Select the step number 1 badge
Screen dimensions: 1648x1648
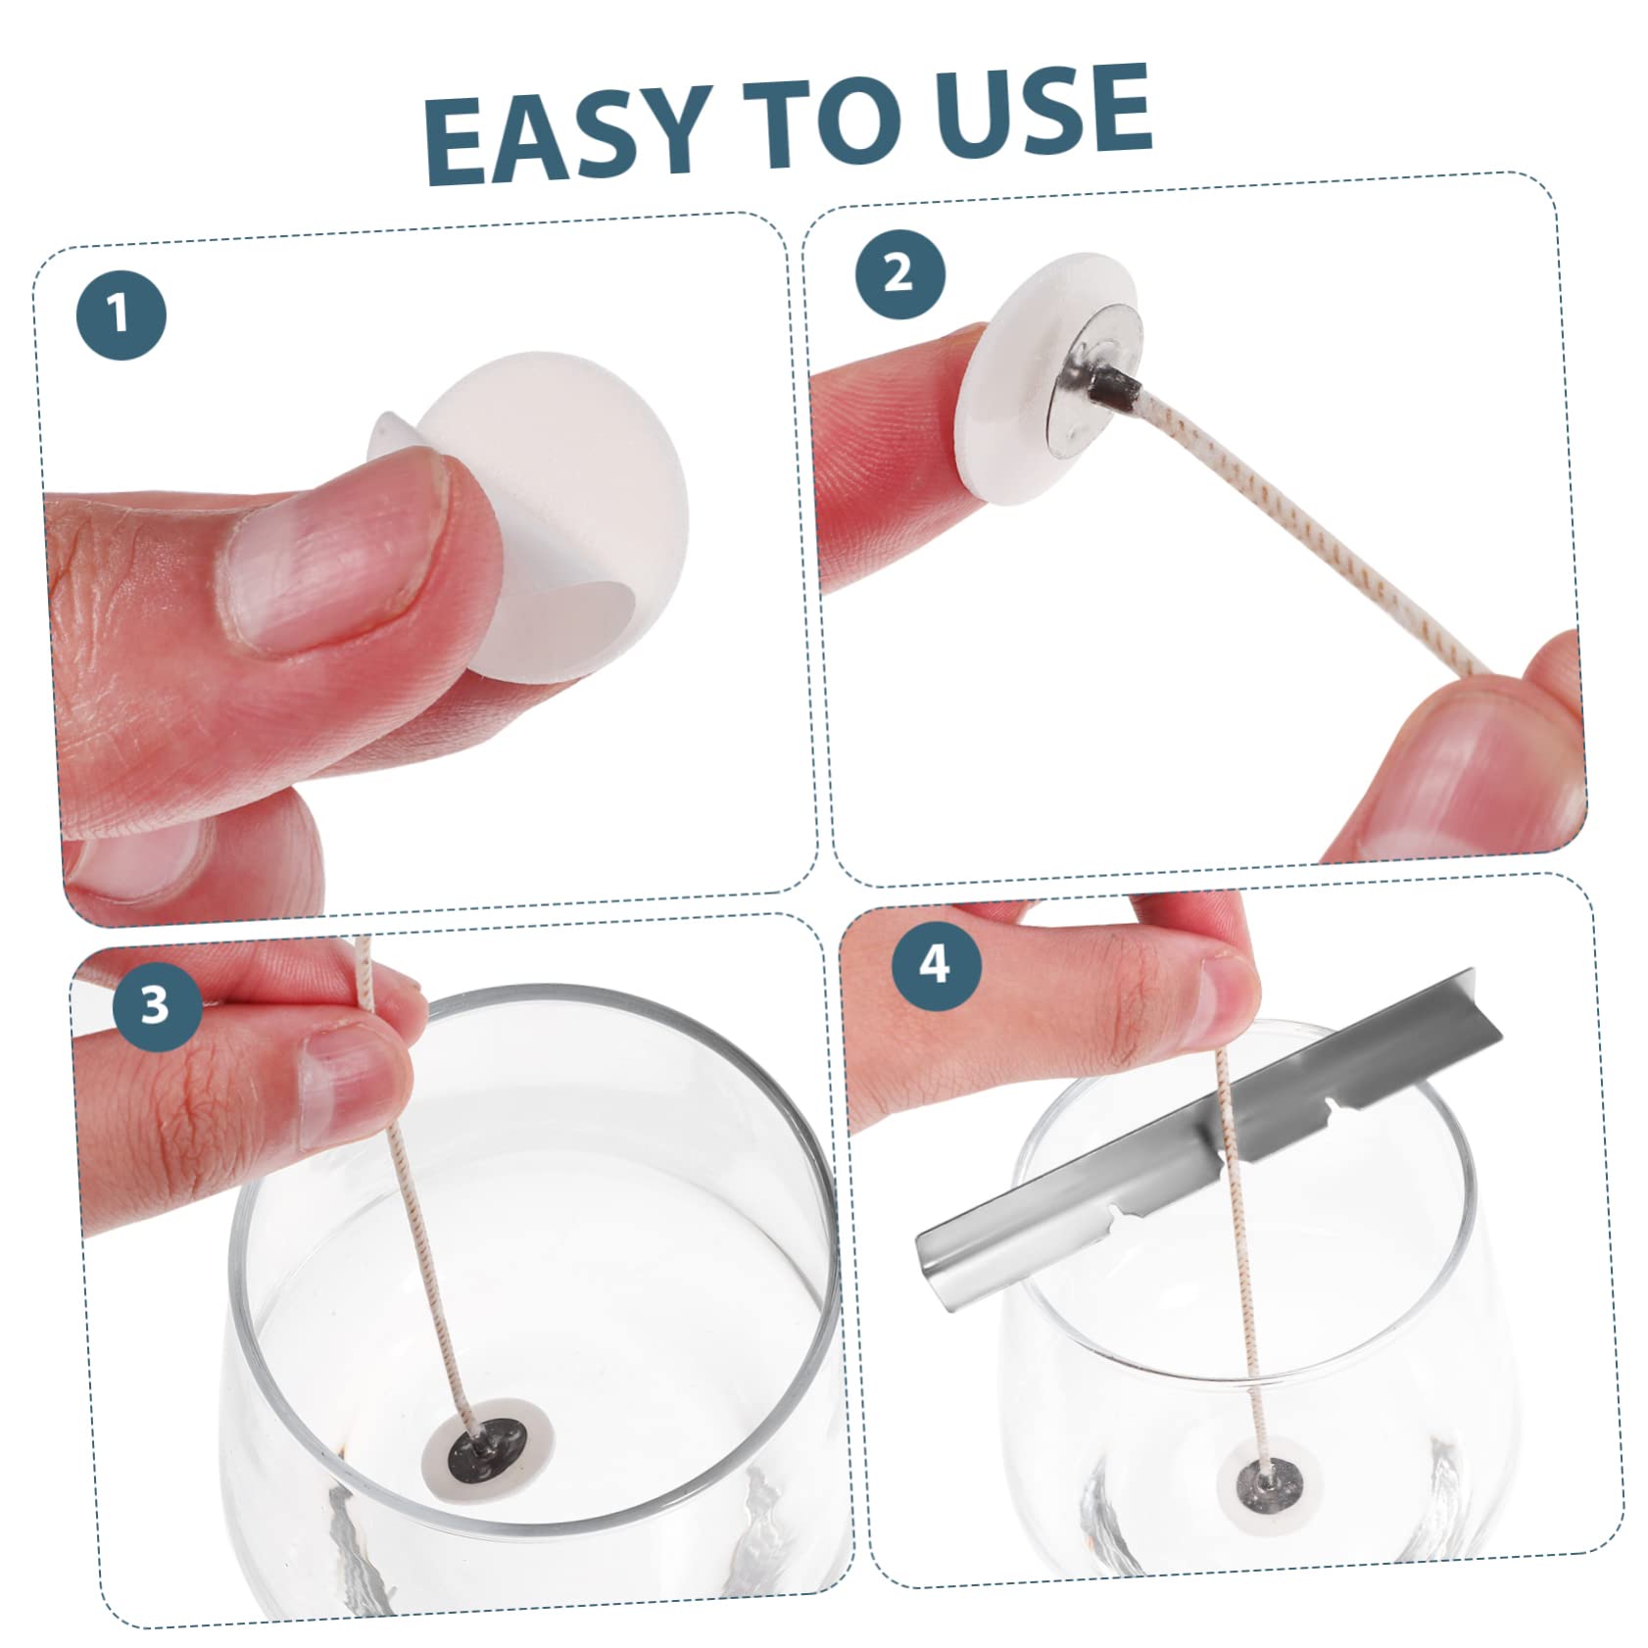[x=121, y=315]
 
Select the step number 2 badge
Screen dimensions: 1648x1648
[x=899, y=272]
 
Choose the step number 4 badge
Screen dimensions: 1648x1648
[x=936, y=964]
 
